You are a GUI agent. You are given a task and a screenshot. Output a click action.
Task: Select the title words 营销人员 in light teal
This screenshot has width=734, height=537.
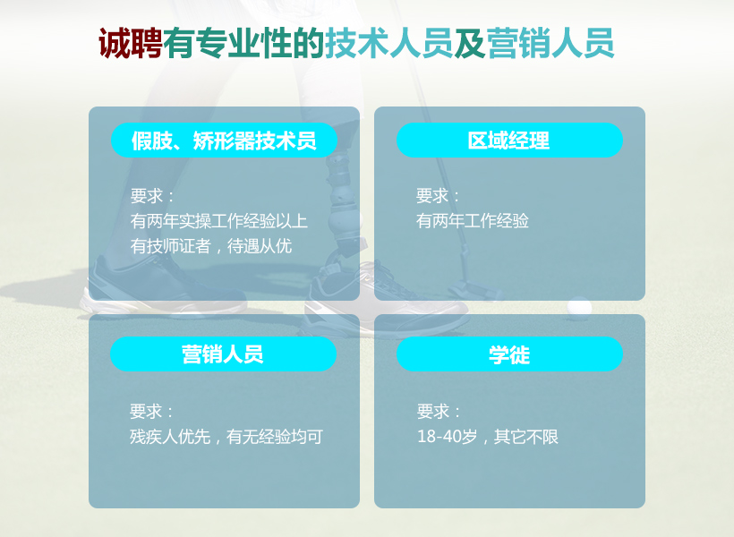pyautogui.click(x=550, y=44)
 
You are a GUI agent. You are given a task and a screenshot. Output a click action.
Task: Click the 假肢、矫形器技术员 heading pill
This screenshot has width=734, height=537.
pyautogui.click(x=224, y=141)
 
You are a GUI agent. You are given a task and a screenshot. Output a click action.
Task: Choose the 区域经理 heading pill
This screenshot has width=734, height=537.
pyautogui.click(x=508, y=141)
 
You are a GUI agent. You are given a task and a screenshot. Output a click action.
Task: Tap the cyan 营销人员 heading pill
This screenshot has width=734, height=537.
pyautogui.click(x=223, y=354)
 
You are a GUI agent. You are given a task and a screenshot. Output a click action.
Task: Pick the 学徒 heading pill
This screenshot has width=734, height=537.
pyautogui.click(x=508, y=354)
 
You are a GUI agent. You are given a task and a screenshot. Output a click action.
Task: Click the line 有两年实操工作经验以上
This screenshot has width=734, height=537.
pyautogui.click(x=219, y=220)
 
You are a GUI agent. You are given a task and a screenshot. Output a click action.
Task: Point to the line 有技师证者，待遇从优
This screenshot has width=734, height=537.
pyautogui.click(x=211, y=245)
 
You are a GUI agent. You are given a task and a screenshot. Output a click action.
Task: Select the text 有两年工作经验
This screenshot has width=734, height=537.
pyautogui.click(x=473, y=220)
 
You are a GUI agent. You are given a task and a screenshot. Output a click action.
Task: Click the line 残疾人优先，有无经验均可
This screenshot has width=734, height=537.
pyautogui.click(x=226, y=437)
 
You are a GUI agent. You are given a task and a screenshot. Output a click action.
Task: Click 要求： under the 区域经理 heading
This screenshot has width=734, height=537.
pyautogui.click(x=438, y=196)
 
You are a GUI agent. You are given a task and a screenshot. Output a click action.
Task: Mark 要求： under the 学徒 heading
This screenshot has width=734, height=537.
pyautogui.click(x=439, y=412)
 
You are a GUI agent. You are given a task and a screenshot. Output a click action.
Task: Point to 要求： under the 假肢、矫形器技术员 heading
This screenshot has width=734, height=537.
pyautogui.click(x=152, y=196)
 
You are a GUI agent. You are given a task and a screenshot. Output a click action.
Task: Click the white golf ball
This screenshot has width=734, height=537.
pyautogui.click(x=579, y=307)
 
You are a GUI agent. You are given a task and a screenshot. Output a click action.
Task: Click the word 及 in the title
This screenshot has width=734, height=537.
pyautogui.click(x=469, y=44)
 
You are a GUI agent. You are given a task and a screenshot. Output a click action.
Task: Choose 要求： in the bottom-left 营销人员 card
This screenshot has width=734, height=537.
pyautogui.click(x=151, y=412)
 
